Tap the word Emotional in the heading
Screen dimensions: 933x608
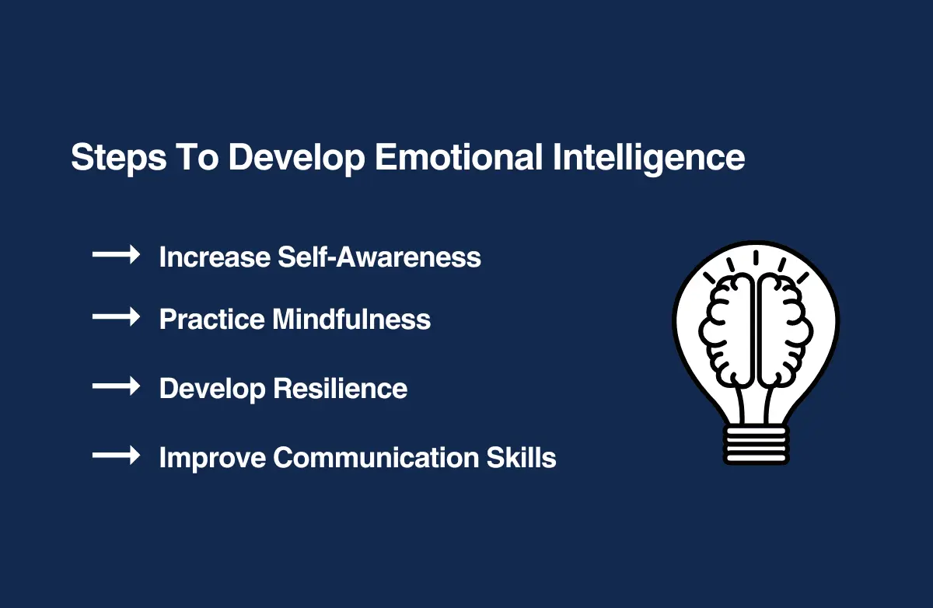click(x=459, y=157)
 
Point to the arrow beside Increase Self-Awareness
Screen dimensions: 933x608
click(x=116, y=254)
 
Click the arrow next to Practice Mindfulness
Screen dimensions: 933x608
click(x=116, y=317)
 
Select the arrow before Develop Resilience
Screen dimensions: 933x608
click(x=116, y=386)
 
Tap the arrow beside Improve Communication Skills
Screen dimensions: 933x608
click(x=116, y=455)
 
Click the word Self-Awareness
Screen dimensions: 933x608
click(x=379, y=257)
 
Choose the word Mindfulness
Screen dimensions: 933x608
click(x=351, y=320)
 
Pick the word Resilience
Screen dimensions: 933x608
click(x=340, y=389)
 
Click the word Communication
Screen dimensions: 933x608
click(x=376, y=458)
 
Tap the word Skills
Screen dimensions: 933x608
click(x=522, y=458)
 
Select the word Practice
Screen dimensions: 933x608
click(x=212, y=320)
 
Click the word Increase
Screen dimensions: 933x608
click(x=215, y=257)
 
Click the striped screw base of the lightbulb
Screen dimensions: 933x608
click(x=756, y=445)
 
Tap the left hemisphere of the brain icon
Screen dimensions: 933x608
click(x=726, y=330)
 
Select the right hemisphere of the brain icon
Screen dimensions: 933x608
click(x=784, y=330)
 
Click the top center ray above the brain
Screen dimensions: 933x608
click(x=756, y=258)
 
